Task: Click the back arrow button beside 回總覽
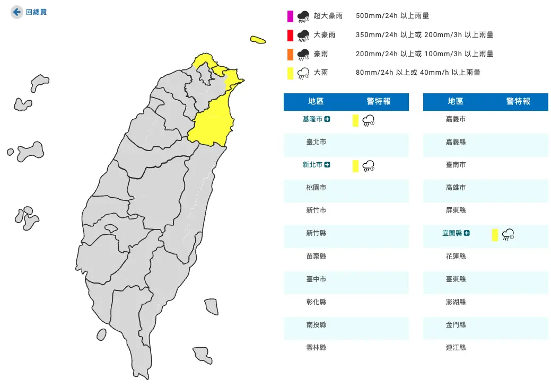pos(17,12)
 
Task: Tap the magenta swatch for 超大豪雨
pos(290,16)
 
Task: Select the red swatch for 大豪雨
pos(290,35)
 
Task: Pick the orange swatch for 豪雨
pos(290,54)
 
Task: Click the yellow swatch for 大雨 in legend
pos(290,73)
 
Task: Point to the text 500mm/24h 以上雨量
pos(392,16)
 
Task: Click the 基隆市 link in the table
pos(312,119)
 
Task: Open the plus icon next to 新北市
pos(327,165)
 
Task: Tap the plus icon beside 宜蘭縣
pos(467,233)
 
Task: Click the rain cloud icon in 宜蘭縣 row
pos(508,234)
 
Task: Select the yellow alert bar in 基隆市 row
pos(355,120)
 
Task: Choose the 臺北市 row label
pos(316,142)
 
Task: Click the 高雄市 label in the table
pos(456,188)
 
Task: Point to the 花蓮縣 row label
pos(456,256)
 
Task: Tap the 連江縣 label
pos(456,348)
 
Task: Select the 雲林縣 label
pos(316,348)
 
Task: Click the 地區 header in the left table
pos(316,101)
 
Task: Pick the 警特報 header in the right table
pos(518,101)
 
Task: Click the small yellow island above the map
pos(258,40)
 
